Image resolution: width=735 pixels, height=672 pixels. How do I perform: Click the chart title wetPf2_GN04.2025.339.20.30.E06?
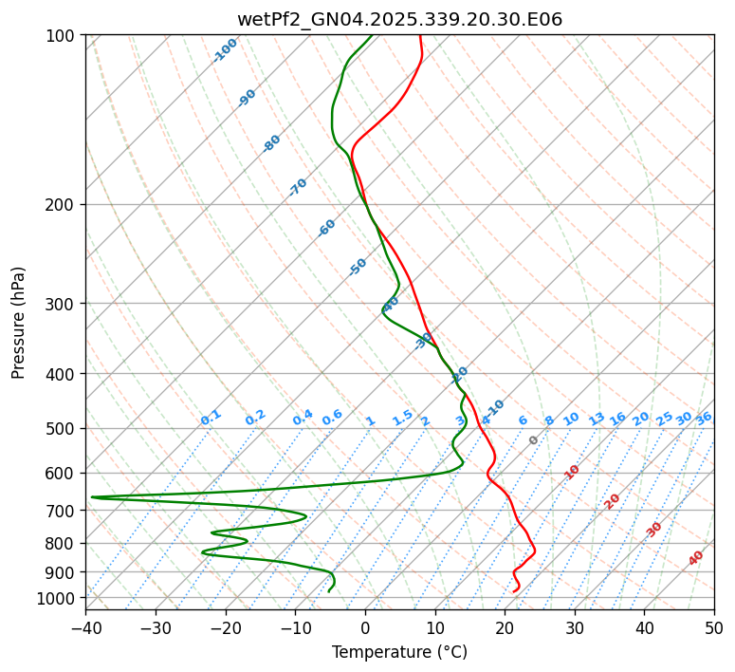point(399,19)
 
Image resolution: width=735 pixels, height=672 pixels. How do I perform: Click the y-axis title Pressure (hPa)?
point(19,323)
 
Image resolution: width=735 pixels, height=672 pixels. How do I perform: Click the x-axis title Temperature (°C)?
point(399,653)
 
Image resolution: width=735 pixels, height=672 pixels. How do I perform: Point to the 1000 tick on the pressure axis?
point(59,598)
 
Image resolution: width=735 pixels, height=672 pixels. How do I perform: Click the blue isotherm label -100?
point(225,50)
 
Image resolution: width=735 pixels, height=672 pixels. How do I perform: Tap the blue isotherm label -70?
point(298,187)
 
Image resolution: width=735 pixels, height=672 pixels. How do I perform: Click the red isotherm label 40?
point(696,558)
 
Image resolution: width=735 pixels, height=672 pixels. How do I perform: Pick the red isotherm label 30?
point(654,530)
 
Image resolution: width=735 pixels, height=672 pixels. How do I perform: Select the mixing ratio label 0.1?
point(211,417)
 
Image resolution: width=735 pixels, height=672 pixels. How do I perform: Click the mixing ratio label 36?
point(704,418)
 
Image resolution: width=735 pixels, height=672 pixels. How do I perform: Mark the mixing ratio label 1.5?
point(402,417)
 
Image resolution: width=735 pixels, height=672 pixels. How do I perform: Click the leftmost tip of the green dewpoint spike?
point(91,496)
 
